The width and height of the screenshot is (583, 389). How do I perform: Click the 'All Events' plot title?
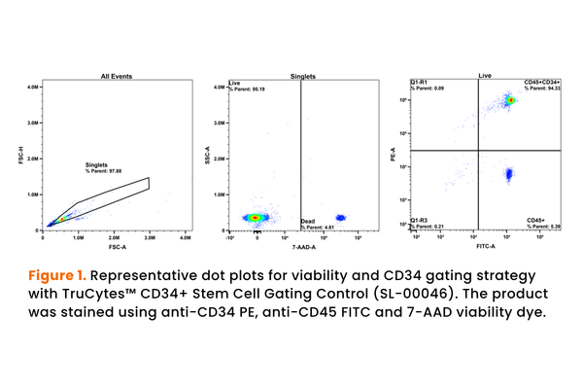tap(117, 75)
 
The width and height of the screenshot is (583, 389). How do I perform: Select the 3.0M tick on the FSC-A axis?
tap(149, 236)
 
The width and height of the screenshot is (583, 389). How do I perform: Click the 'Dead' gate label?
tap(307, 222)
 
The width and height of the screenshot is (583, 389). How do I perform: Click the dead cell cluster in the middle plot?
tap(340, 218)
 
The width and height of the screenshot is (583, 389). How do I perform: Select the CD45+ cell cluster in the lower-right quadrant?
tap(507, 175)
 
